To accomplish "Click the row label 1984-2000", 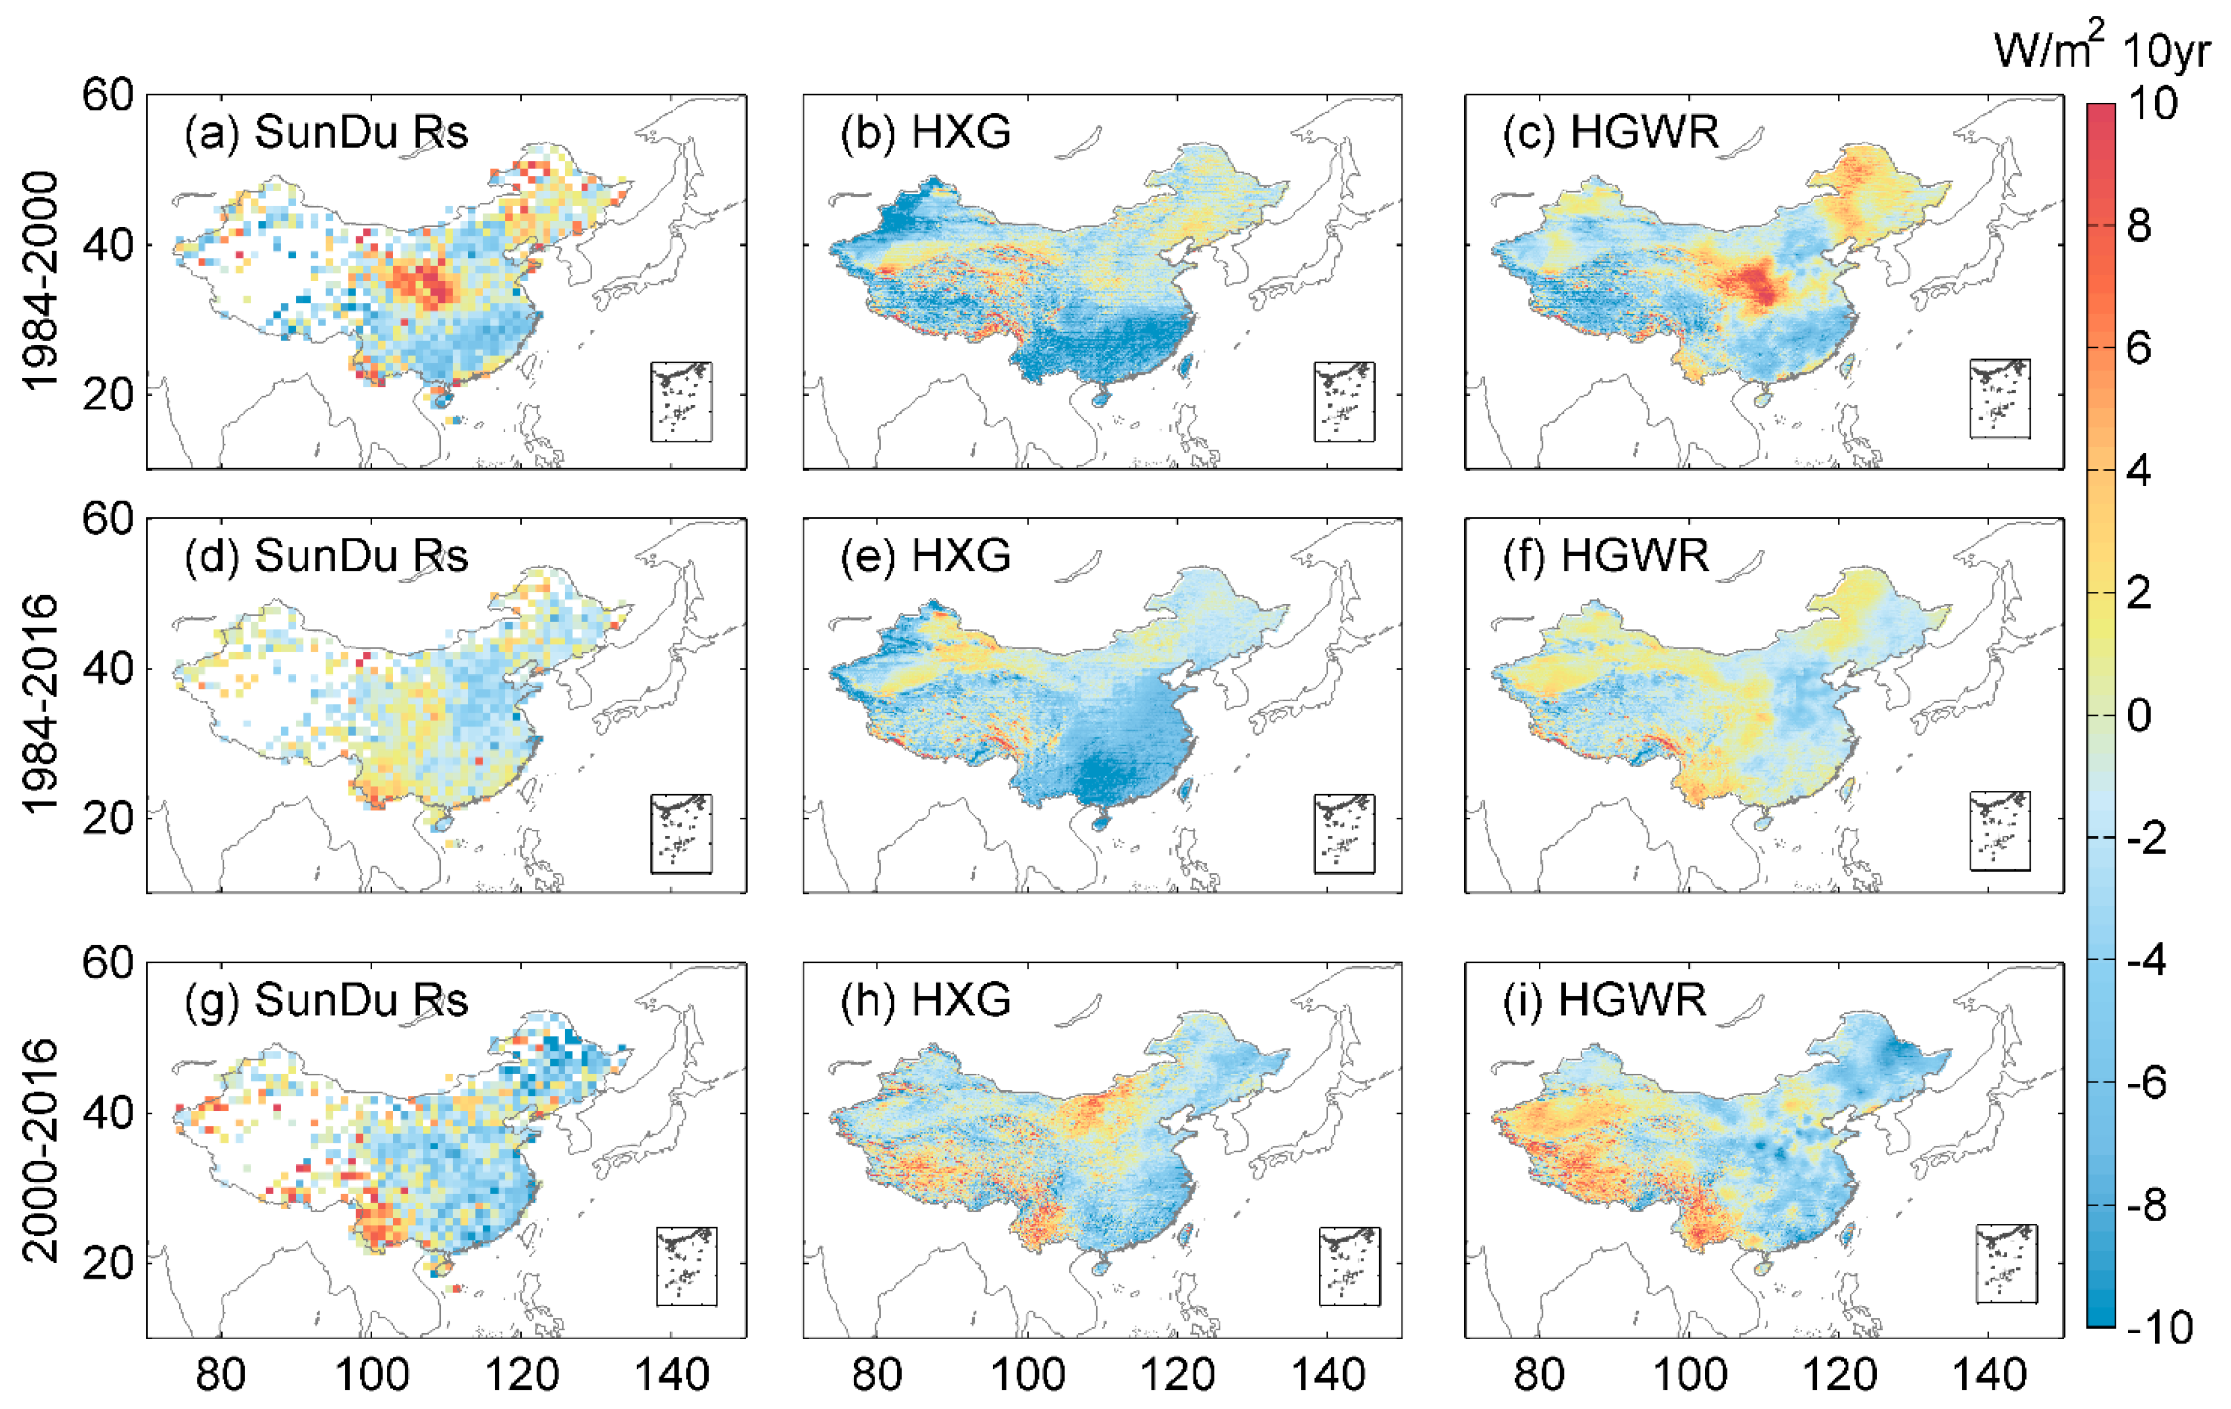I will point(39,281).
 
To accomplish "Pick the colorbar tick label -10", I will point(2160,1328).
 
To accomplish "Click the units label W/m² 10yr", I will point(2101,48).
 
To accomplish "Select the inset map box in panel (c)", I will point(2000,398).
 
